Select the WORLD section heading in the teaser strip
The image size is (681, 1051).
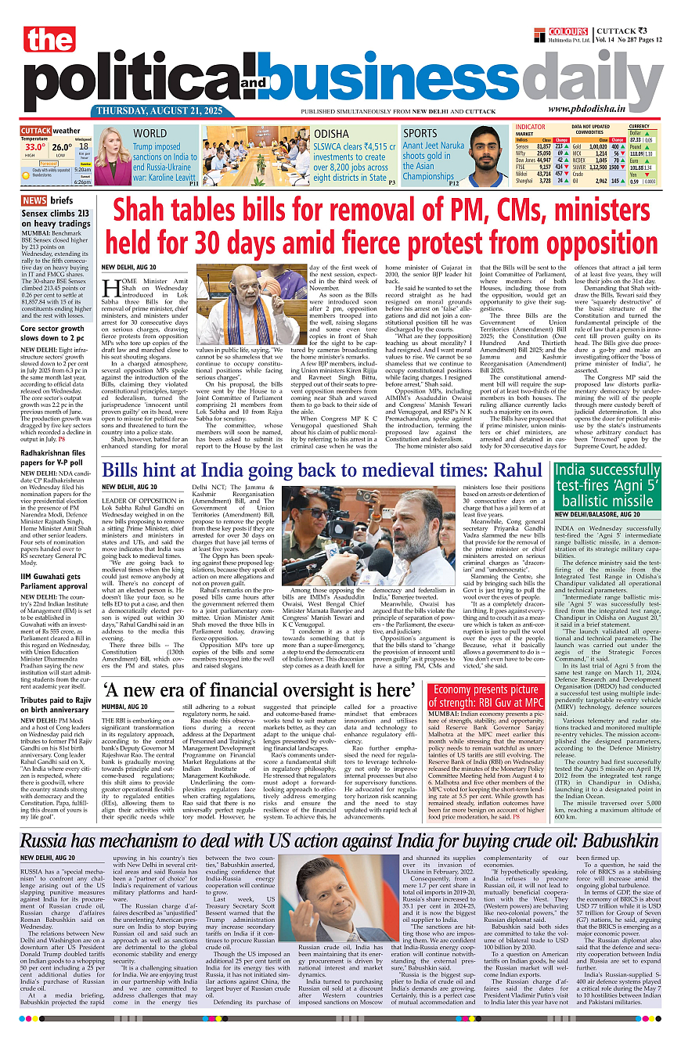(150, 134)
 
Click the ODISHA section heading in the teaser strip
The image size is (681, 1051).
(331, 134)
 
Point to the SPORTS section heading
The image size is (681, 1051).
(420, 133)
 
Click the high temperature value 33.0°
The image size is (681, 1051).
(34, 146)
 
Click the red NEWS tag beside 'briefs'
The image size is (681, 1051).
(34, 200)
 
